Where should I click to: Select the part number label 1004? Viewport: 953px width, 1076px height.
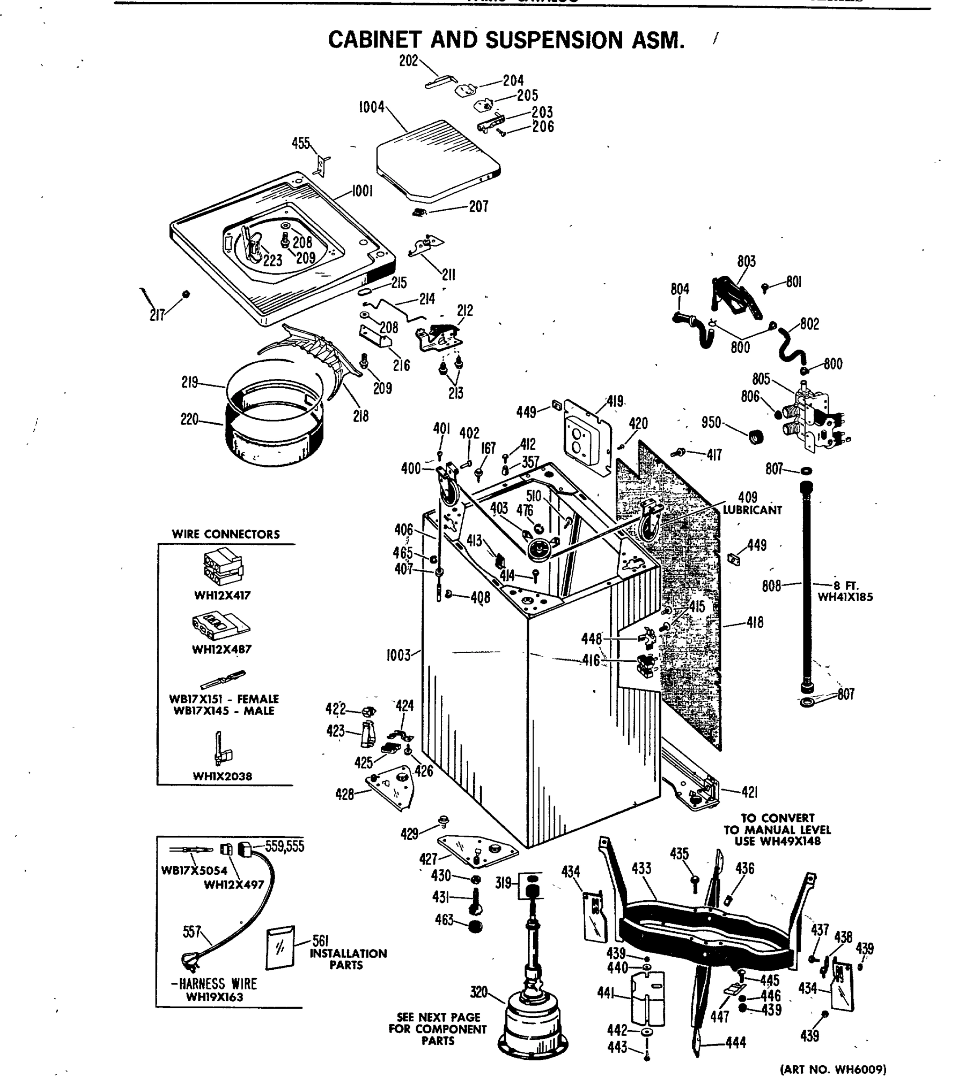[371, 108]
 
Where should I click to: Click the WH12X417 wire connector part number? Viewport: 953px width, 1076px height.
[223, 595]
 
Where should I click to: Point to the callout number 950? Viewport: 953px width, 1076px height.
[711, 422]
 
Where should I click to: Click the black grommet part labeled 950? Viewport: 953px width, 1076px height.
[756, 436]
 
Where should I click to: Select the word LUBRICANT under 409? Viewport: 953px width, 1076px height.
[752, 510]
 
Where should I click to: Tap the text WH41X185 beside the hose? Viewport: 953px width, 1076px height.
[845, 597]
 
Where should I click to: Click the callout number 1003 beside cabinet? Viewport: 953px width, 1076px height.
[398, 656]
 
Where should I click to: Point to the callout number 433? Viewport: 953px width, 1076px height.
[641, 868]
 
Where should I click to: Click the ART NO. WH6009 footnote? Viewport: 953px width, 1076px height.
[833, 1069]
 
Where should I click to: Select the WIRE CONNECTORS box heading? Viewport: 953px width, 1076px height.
[226, 534]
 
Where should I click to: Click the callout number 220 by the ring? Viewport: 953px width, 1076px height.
[190, 420]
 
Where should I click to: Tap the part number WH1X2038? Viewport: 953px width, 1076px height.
[222, 776]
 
